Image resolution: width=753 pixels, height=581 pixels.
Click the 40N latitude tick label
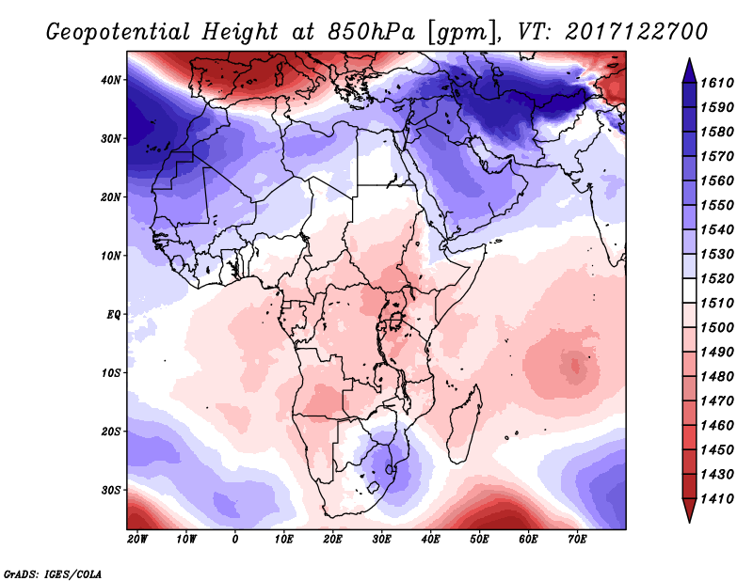coord(111,80)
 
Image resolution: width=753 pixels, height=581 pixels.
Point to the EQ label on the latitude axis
coord(113,314)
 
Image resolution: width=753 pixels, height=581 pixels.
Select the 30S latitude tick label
coord(111,490)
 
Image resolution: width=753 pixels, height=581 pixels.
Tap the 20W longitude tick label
coord(137,540)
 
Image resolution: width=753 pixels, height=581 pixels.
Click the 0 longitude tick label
coord(235,540)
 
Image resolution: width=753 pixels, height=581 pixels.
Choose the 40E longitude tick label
coord(431,540)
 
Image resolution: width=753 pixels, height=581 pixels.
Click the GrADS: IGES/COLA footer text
coord(53,573)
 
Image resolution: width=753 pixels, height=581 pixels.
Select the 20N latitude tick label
coord(111,197)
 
